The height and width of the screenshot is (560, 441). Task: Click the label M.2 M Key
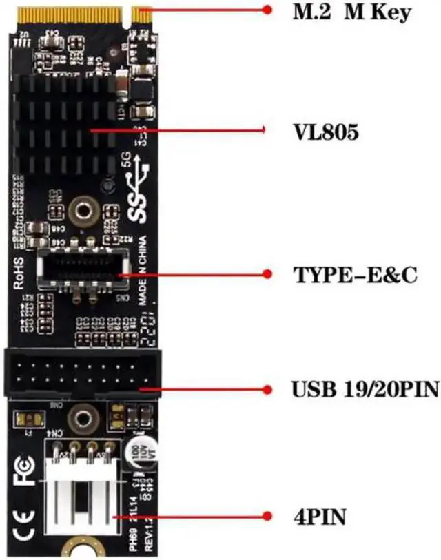coord(351,12)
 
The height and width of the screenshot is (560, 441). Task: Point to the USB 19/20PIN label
coord(365,390)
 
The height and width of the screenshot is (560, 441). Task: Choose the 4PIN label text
coord(317,515)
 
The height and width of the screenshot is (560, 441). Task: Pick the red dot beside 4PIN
coord(268,515)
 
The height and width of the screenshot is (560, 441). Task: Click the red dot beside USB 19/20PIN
coord(268,389)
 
